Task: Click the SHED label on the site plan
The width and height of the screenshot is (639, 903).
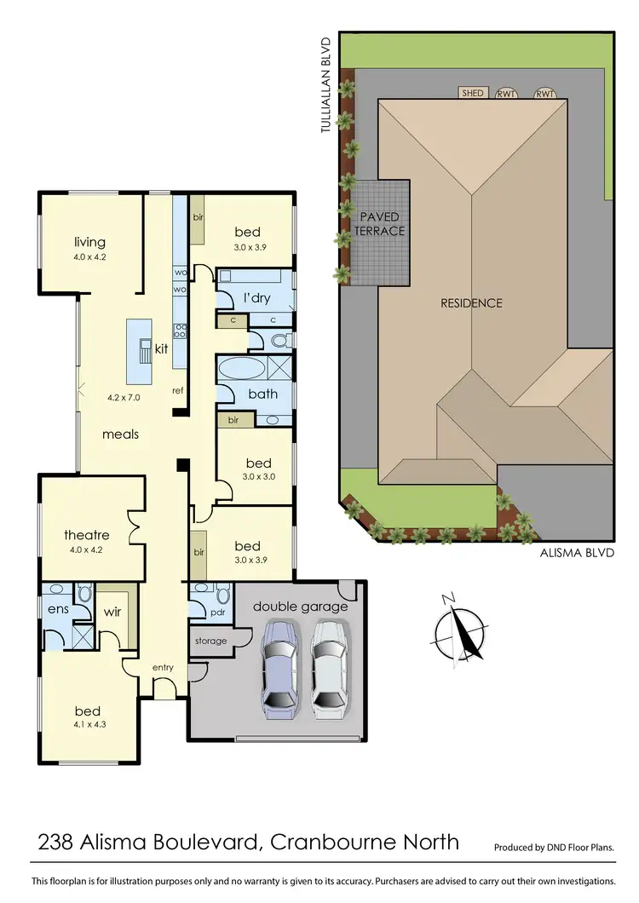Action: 472,93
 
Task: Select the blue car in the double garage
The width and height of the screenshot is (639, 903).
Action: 279,665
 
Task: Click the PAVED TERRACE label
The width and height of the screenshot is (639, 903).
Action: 379,224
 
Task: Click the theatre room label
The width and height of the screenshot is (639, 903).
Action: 86,535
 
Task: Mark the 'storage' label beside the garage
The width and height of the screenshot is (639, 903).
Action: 210,641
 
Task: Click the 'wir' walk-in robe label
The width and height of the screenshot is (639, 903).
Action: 112,611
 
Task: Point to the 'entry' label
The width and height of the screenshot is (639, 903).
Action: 163,667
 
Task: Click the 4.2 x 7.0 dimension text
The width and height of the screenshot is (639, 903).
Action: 123,397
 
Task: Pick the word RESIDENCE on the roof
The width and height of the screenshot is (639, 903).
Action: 471,302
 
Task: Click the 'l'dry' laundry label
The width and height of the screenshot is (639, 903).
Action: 256,298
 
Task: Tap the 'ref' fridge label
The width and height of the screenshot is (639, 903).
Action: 177,391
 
